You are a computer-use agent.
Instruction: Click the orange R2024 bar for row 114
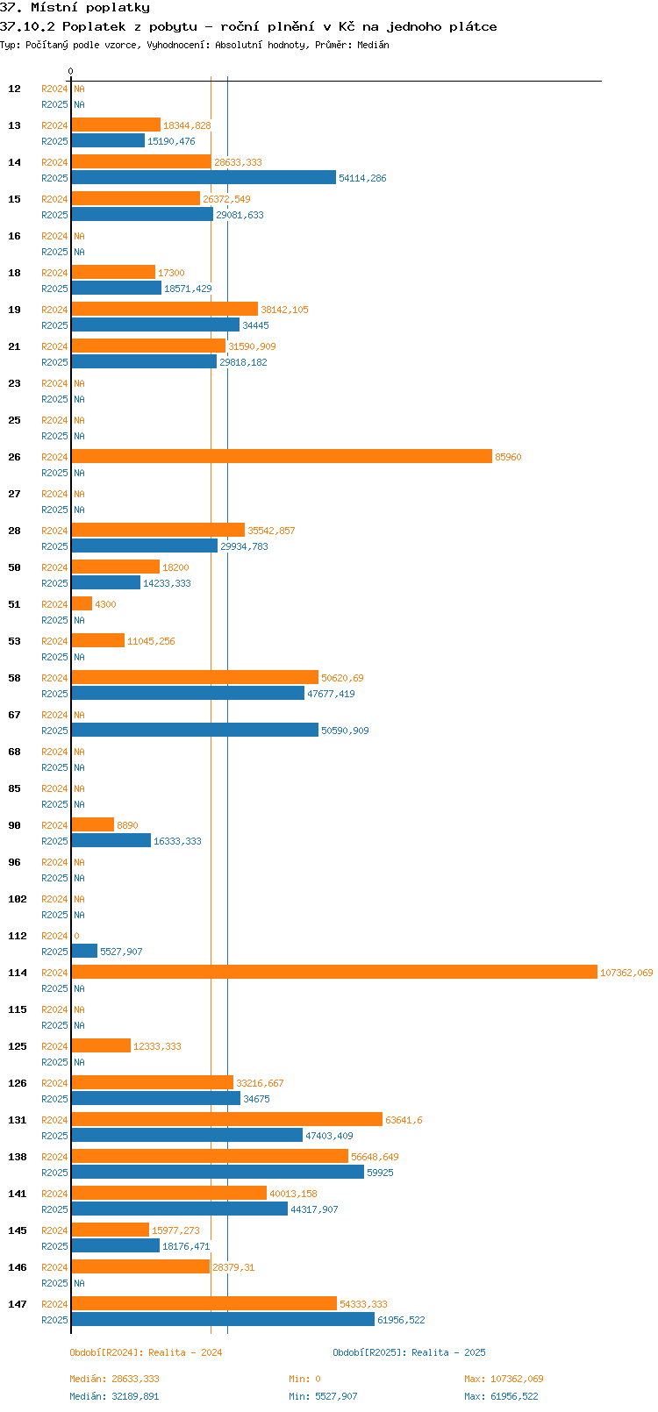333,972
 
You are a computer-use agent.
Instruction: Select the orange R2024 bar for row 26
281,456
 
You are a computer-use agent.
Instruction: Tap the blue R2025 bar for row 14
204,177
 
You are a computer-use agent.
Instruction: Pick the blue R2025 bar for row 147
223,1319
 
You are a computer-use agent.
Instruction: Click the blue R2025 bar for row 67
195,730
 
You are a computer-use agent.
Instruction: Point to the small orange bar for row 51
82,603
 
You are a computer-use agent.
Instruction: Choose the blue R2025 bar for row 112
84,951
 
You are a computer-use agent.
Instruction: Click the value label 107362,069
626,973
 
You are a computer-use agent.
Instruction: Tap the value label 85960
508,457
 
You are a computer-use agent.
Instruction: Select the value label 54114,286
362,178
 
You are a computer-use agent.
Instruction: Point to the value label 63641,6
404,1120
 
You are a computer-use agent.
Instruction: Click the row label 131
18,1120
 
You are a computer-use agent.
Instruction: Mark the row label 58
15,678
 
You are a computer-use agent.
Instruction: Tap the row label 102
18,899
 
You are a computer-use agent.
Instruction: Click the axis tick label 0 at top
71,71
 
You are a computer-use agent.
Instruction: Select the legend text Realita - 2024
184,1352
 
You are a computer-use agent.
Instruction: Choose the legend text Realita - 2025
447,1352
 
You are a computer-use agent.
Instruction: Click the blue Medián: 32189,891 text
114,1396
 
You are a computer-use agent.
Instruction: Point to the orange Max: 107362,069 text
504,1379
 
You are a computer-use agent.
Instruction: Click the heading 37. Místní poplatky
75,8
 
